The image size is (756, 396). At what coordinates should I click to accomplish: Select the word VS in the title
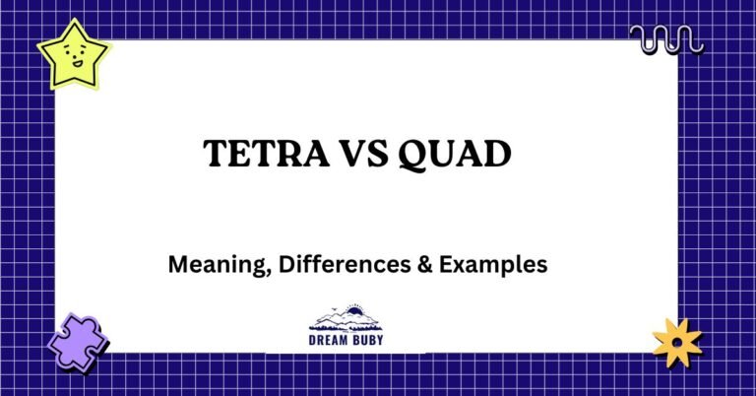pyautogui.click(x=358, y=156)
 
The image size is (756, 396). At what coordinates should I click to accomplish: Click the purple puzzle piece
pyautogui.click(x=77, y=341)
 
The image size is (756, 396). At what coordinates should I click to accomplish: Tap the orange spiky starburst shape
pyautogui.click(x=678, y=343)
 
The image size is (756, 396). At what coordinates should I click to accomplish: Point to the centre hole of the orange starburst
pyautogui.click(x=678, y=343)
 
